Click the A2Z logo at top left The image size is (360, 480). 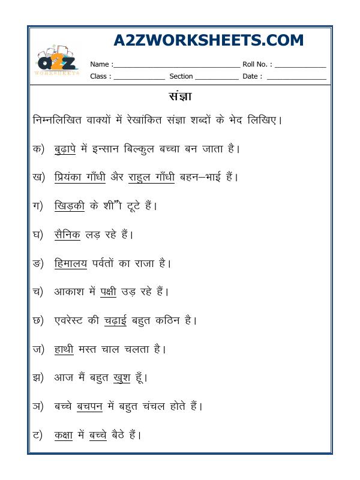(57, 62)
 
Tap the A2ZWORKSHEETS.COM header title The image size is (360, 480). (208, 40)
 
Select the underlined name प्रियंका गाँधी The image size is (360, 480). (79, 177)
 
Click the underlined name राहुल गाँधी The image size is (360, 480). (152, 177)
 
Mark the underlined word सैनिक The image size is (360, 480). (67, 234)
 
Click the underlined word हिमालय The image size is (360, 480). (70, 263)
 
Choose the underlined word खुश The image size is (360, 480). (122, 377)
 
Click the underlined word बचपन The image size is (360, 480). (91, 406)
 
